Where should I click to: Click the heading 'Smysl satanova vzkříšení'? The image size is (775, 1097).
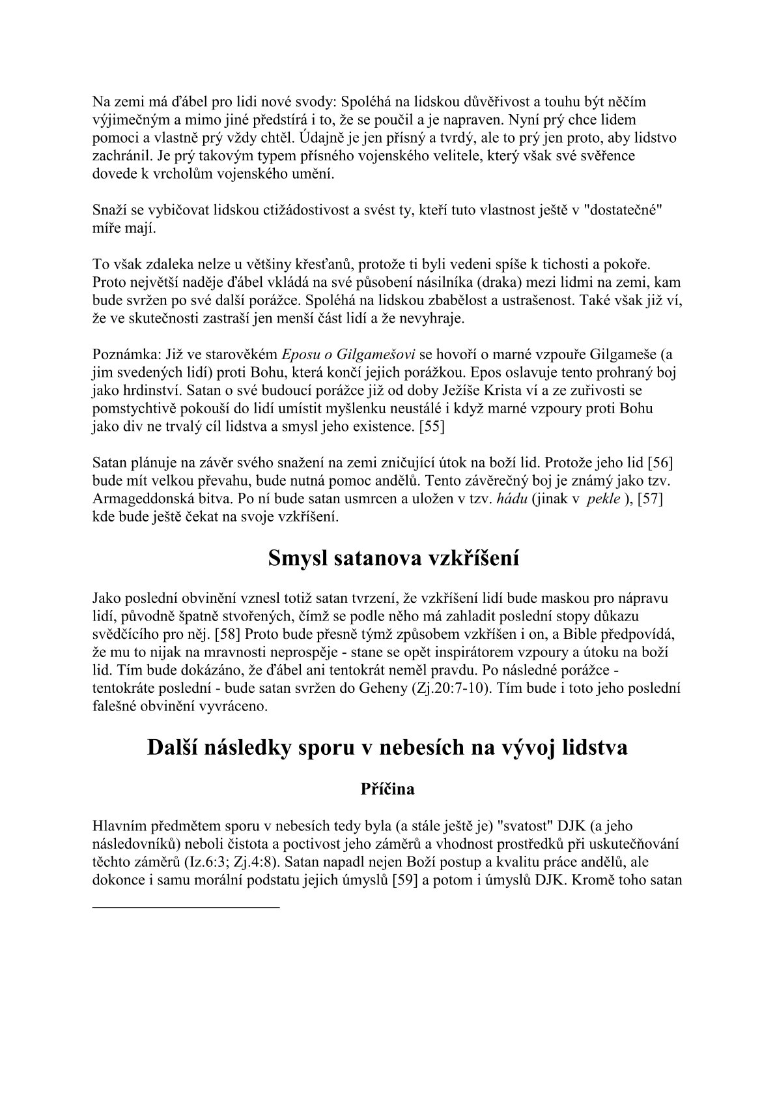393,559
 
